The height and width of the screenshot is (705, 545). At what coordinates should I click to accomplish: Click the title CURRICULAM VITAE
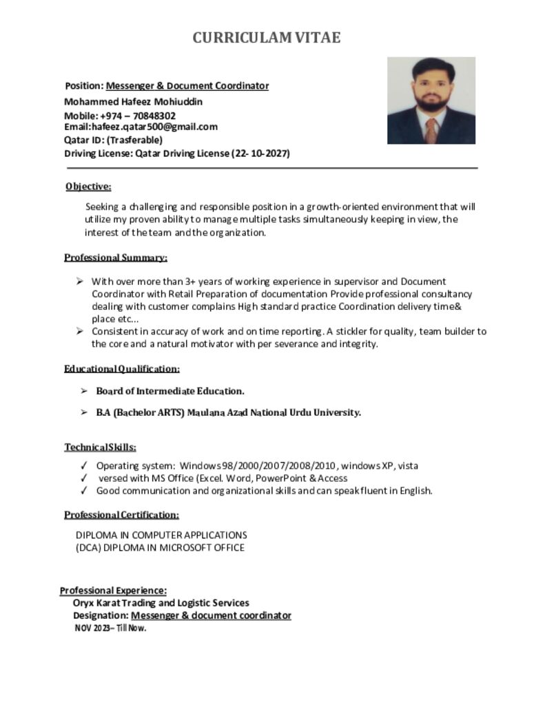pos(266,38)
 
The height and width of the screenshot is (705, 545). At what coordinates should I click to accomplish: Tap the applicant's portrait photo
pos(431,100)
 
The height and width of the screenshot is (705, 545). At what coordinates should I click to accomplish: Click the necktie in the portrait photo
pos(431,129)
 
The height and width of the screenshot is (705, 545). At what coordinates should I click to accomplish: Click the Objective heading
pos(88,187)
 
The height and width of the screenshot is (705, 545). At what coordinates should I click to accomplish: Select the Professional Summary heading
pos(116,257)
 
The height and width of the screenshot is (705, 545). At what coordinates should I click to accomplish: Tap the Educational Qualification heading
pos(122,369)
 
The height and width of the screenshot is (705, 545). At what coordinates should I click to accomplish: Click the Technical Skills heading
pos(100,448)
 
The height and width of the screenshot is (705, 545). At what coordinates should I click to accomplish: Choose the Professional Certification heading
pos(121,515)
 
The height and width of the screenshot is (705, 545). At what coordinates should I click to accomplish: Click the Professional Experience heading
pos(113,591)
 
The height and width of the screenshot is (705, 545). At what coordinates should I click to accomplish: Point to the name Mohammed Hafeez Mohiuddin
pos(133,101)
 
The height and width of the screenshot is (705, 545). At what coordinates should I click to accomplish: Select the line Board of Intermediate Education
pos(169,391)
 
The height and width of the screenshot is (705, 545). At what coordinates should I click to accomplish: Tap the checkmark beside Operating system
pos(83,466)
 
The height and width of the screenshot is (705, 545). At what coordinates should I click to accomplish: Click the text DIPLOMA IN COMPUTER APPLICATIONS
pos(161,535)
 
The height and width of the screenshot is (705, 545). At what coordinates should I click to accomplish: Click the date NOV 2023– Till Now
pos(110,629)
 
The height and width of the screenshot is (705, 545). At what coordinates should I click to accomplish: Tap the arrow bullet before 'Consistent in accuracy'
pos(80,331)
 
